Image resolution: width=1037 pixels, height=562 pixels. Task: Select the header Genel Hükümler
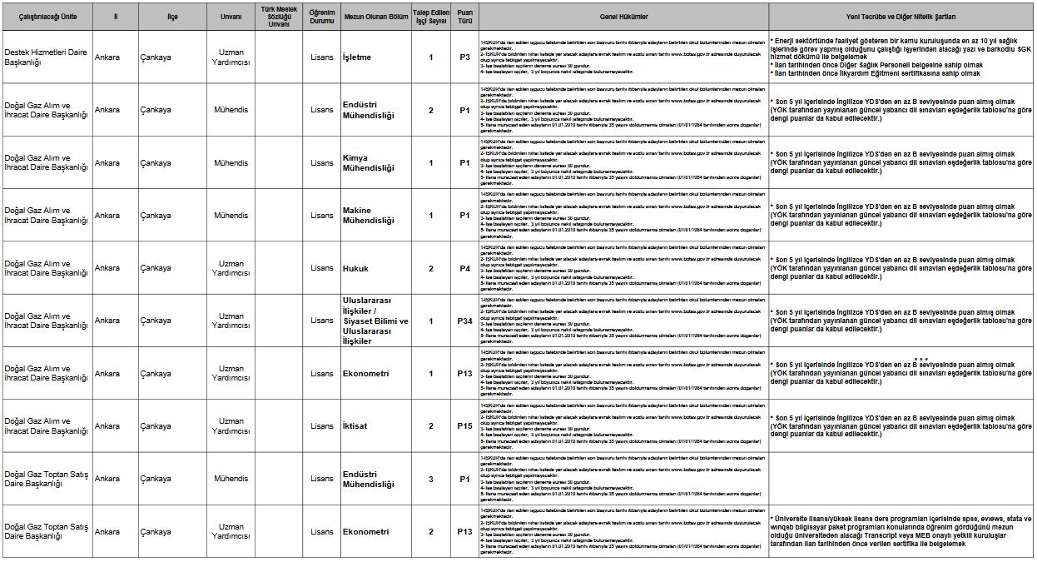click(x=623, y=17)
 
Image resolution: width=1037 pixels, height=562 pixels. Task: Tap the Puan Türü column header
click(x=464, y=17)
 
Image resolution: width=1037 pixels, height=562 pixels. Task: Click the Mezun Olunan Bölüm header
click(x=375, y=17)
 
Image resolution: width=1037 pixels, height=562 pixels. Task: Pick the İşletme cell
click(x=357, y=57)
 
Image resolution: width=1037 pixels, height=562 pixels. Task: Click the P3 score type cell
click(x=464, y=57)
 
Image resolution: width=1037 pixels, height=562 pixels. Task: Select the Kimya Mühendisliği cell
click(x=368, y=163)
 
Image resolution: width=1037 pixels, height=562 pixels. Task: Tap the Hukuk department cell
click(x=355, y=268)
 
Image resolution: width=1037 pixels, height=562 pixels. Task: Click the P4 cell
click(x=464, y=268)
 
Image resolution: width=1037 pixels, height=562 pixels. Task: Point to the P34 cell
click(x=464, y=321)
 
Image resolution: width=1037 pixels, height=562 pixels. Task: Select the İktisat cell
click(x=355, y=426)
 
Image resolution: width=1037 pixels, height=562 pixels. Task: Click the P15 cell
click(x=464, y=426)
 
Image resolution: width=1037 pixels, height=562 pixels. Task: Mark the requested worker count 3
click(x=430, y=479)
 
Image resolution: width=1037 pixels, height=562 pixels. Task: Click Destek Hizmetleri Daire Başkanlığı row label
click(x=46, y=57)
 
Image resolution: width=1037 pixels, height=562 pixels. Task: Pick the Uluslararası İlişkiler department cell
click(x=375, y=321)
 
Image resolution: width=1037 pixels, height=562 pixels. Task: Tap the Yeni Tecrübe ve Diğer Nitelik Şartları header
click(x=901, y=17)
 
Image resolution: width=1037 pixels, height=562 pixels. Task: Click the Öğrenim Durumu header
click(x=321, y=17)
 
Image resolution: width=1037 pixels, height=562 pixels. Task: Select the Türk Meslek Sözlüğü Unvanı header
click(x=279, y=17)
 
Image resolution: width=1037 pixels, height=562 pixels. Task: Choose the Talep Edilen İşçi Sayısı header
click(x=431, y=17)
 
